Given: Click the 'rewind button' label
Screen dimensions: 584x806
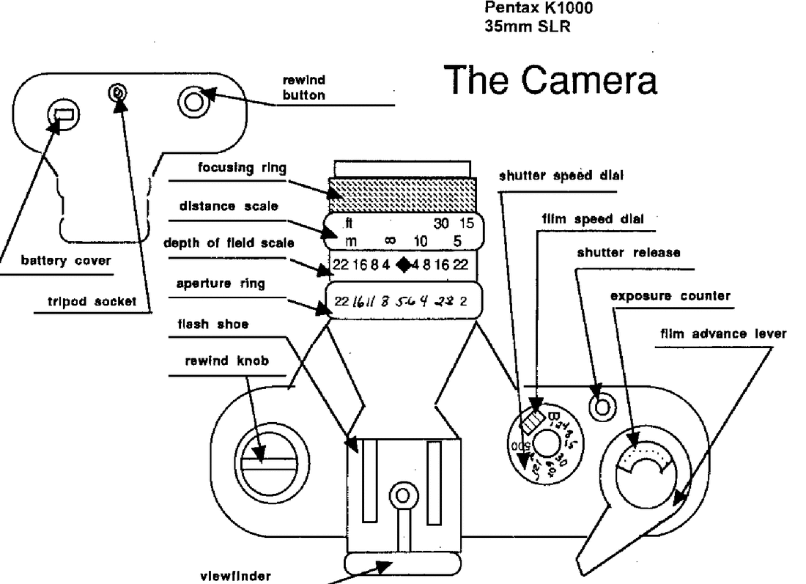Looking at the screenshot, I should click(x=303, y=88).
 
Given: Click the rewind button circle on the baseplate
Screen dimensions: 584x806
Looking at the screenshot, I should click(x=193, y=100).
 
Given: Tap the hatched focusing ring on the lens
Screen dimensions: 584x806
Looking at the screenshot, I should click(x=402, y=191).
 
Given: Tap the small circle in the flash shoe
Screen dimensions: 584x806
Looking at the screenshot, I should click(x=402, y=496).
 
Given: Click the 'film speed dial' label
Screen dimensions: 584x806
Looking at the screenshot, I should click(x=588, y=218).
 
